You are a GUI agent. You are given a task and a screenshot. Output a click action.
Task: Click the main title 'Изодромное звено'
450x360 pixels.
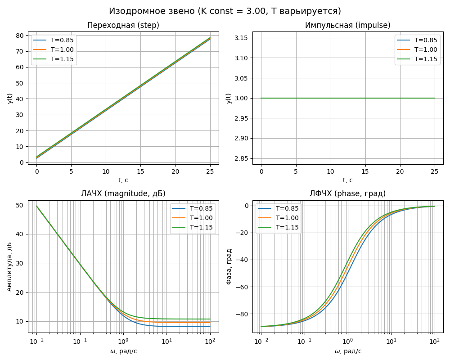click(x=152, y=11)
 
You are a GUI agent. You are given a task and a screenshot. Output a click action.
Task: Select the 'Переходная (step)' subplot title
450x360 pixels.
click(x=123, y=25)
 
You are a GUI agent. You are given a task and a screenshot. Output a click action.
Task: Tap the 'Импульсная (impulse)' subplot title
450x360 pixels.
click(x=347, y=25)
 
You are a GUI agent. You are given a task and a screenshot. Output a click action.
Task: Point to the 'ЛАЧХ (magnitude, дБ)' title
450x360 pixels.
click(x=123, y=193)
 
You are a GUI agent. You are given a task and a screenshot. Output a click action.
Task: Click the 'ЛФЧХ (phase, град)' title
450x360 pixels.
click(x=347, y=193)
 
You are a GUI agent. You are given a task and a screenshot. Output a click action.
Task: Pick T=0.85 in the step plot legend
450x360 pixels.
click(x=62, y=40)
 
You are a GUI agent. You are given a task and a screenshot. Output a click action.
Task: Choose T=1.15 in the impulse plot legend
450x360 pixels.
click(x=426, y=59)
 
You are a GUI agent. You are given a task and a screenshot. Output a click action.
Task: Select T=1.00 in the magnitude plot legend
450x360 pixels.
click(x=201, y=218)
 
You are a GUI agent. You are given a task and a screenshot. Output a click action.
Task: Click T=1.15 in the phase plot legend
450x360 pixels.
click(x=287, y=227)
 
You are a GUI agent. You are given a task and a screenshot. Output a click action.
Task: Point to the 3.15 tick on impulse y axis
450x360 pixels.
click(x=242, y=38)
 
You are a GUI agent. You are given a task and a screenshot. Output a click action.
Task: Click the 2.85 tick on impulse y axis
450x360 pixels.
click(x=242, y=158)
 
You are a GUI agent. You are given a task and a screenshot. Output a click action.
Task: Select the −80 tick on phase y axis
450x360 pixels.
click(x=242, y=314)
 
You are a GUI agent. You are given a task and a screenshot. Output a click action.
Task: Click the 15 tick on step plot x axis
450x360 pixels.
click(x=140, y=171)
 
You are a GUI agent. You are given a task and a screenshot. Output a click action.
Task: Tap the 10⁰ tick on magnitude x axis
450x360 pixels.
click(x=123, y=341)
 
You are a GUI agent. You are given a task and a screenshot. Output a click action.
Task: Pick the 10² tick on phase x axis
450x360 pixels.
click(x=434, y=341)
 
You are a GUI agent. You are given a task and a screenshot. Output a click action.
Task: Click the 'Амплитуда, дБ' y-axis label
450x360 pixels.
click(x=9, y=269)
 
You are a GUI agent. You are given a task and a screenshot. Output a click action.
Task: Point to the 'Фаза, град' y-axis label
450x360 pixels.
click(x=229, y=267)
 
